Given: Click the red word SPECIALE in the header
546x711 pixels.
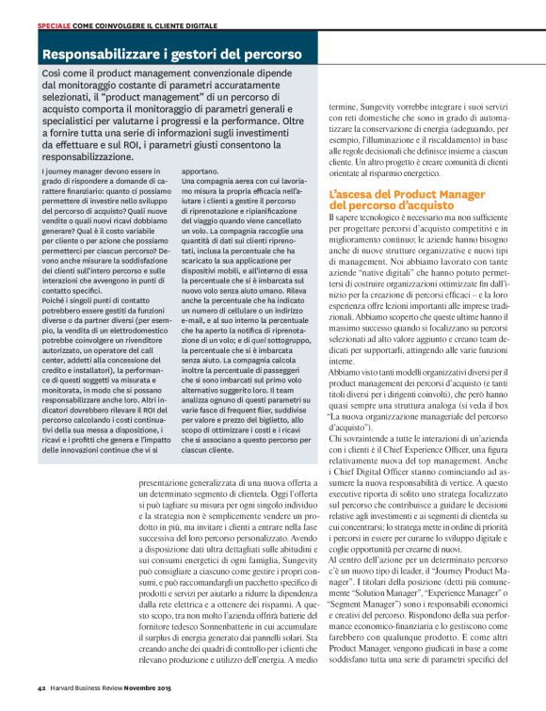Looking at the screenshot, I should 55,23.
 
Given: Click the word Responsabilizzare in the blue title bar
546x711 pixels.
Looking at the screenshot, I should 97,55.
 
